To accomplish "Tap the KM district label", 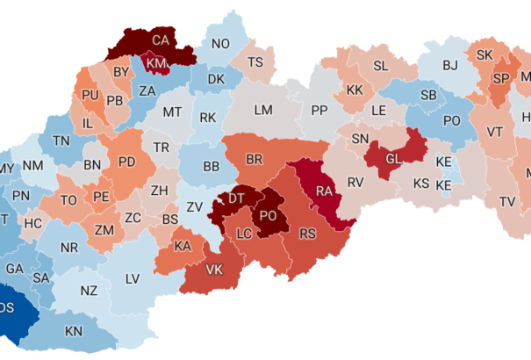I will (157, 64).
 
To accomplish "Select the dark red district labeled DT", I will (237, 199).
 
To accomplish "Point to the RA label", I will (323, 191).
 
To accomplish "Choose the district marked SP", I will (501, 78).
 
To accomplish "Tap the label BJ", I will (450, 65).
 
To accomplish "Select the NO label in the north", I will (220, 44).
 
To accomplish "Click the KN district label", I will (75, 331).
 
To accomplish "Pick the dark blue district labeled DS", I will (7, 307).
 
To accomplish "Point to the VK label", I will (213, 270).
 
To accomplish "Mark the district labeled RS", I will (307, 234).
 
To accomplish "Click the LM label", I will (263, 110).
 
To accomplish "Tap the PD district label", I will (126, 162).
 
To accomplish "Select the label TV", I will (507, 202).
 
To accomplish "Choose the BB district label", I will (211, 166).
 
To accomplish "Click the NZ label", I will (89, 291).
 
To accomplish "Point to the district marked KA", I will (183, 247).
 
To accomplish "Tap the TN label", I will (61, 140).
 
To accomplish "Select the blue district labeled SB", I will (428, 95).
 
